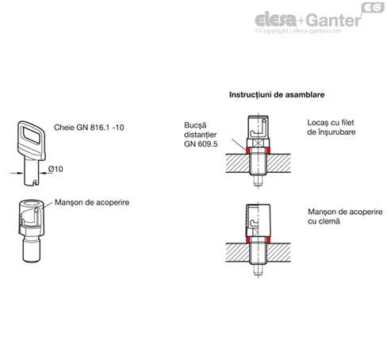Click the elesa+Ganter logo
pyautogui.click(x=308, y=20)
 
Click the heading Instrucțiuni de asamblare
pyautogui.click(x=277, y=94)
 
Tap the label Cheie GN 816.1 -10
pyautogui.click(x=89, y=128)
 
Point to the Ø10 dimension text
pyautogui.click(x=56, y=169)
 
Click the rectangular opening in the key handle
pyautogui.click(x=32, y=135)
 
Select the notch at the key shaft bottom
pyautogui.click(x=34, y=182)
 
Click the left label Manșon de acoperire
pyautogui.click(x=92, y=202)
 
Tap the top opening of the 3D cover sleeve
pyautogui.click(x=32, y=204)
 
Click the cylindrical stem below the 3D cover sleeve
pyautogui.click(x=32, y=249)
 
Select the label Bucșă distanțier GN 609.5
pyautogui.click(x=201, y=135)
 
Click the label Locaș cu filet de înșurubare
pyautogui.click(x=331, y=127)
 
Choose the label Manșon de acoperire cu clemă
pyautogui.click(x=345, y=216)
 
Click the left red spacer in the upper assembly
pyautogui.click(x=248, y=151)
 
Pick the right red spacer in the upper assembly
pyautogui.click(x=268, y=151)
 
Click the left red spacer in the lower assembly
pyautogui.click(x=248, y=240)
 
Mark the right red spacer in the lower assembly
pyautogui.click(x=268, y=240)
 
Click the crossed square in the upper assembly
pyautogui.click(x=259, y=144)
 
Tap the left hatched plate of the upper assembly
pyautogui.click(x=238, y=163)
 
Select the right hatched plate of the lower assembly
pyautogui.click(x=278, y=252)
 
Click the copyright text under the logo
pyautogui.click(x=298, y=31)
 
